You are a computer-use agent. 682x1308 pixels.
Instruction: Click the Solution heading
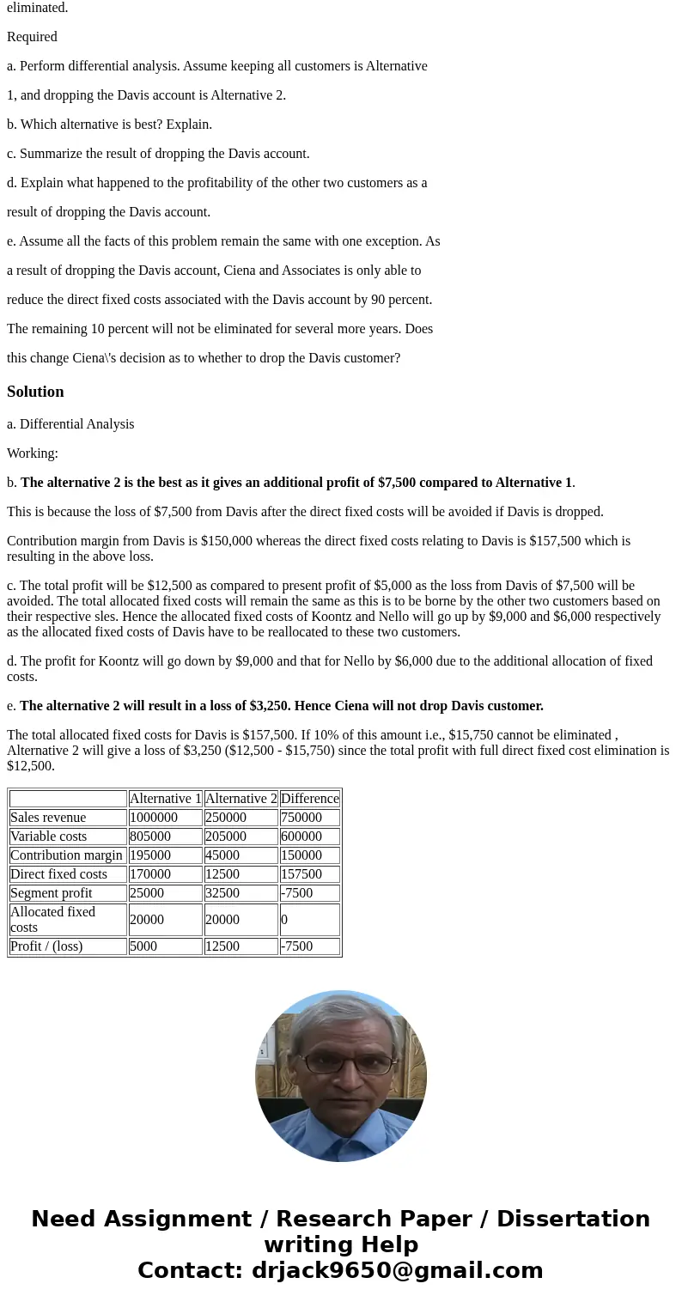[x=35, y=392]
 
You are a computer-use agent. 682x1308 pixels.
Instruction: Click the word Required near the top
[x=32, y=37]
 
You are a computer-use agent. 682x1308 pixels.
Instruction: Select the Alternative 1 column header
[x=165, y=799]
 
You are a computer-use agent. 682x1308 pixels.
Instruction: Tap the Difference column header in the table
[x=309, y=799]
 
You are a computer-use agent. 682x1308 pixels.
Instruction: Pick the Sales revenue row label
[x=48, y=818]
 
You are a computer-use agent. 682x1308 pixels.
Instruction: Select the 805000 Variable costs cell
[x=150, y=837]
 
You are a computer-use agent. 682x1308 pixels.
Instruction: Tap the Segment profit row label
[x=52, y=893]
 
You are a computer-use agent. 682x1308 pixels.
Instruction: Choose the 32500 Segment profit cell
[x=222, y=893]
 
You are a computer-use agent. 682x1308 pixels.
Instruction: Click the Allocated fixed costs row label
[x=52, y=920]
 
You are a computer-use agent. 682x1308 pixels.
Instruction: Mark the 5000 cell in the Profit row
[x=143, y=946]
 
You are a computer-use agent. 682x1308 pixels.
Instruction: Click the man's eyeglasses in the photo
[x=341, y=1062]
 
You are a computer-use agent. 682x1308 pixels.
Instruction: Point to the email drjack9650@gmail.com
[x=397, y=1271]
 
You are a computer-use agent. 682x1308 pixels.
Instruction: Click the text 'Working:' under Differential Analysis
[x=33, y=453]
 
